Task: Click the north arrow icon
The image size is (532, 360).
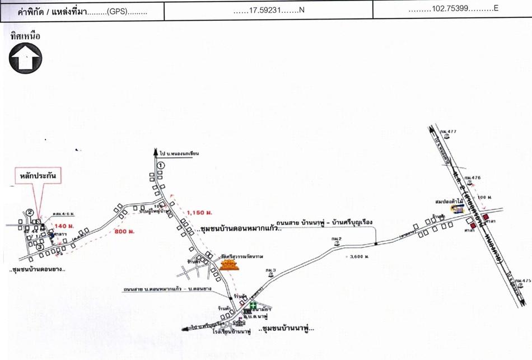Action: tap(25, 58)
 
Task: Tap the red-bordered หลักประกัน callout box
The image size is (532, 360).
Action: tap(38, 176)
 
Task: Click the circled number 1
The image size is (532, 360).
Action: tap(161, 165)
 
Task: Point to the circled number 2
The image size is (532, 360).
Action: tap(30, 212)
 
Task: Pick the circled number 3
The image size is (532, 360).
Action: tap(25, 242)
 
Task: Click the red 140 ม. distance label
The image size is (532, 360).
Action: tap(64, 226)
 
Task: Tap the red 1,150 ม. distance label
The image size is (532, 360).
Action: tap(199, 213)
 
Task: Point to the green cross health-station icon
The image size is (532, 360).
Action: tap(253, 306)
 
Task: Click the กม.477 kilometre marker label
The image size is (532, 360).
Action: tap(449, 132)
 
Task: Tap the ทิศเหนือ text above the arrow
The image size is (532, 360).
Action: tap(25, 36)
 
